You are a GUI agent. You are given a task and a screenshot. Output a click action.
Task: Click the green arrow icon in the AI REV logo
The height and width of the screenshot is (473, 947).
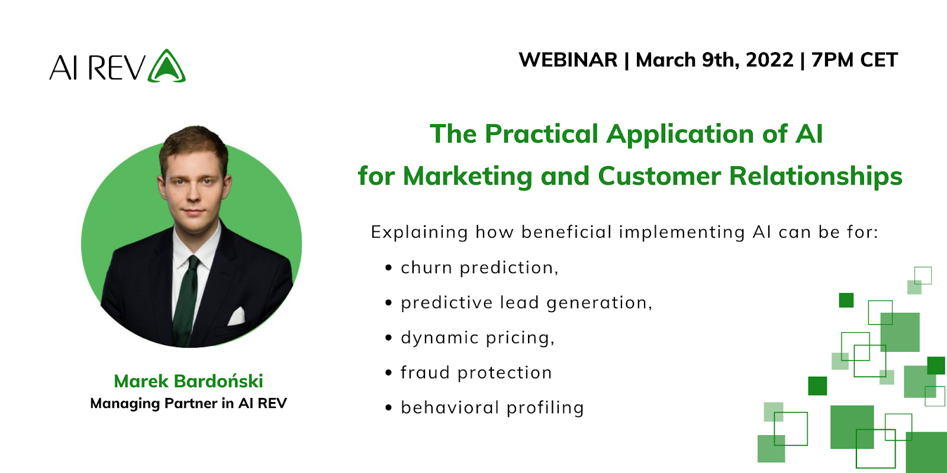167,66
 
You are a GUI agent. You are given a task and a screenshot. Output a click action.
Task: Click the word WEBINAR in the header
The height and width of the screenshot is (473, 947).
568,60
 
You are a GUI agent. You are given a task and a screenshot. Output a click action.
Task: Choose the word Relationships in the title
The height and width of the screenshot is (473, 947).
815,176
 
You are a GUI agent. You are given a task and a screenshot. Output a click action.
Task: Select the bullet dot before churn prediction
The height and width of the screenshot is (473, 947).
388,268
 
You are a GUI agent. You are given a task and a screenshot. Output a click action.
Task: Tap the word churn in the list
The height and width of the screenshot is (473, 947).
426,268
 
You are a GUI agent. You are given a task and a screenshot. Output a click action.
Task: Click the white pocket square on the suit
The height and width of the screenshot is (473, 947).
237,316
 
